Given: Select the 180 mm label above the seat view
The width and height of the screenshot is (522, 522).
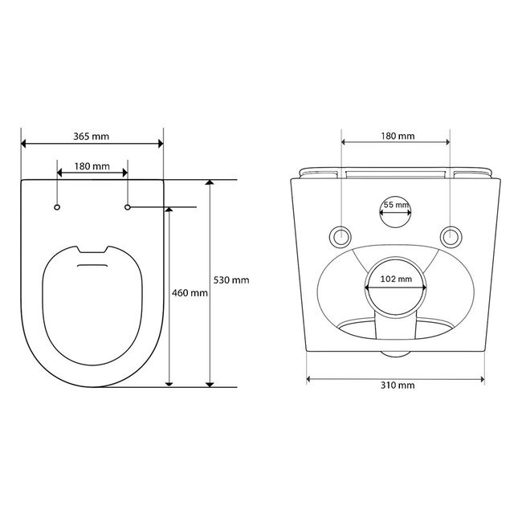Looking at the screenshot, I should [x=92, y=166].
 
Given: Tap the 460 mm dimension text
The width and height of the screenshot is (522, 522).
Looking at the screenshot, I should [x=190, y=293].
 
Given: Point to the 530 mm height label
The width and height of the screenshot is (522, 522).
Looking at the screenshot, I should [x=231, y=279].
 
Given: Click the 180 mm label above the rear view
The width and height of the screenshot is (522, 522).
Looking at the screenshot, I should [x=397, y=137].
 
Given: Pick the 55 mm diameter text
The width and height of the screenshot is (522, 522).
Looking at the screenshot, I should [x=396, y=206].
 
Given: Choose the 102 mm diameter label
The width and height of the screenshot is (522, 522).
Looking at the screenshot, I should [x=396, y=280].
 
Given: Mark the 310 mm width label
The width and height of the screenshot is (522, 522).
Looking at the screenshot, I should [x=397, y=385].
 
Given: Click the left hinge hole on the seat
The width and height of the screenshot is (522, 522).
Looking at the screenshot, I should [x=58, y=208].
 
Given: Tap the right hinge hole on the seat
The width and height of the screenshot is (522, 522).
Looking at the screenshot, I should [x=128, y=208].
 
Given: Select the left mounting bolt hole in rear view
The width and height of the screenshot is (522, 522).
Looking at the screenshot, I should [x=342, y=235].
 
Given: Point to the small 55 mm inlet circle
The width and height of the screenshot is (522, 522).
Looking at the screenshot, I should [x=396, y=211].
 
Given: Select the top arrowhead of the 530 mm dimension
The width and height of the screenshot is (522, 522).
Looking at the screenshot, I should [x=210, y=184].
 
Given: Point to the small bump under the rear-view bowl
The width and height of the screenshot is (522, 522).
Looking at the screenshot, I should [x=396, y=353].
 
